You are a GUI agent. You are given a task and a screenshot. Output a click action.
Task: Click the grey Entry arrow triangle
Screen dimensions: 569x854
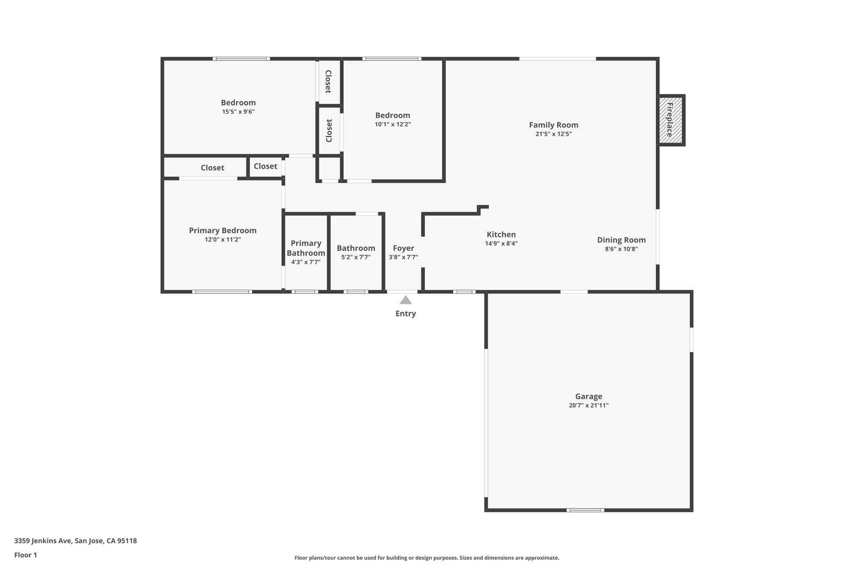406,300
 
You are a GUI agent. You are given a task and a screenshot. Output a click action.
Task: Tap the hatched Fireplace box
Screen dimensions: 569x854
671,120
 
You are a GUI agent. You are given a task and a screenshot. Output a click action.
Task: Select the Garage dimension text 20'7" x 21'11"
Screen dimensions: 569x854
588,406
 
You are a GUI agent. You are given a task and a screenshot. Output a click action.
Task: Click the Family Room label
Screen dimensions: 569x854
553,125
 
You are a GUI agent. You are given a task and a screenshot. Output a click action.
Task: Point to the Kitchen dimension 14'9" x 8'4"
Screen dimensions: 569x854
501,244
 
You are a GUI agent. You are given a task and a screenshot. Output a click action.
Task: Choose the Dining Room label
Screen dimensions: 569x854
621,240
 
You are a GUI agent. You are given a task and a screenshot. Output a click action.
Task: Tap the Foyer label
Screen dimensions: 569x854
403,248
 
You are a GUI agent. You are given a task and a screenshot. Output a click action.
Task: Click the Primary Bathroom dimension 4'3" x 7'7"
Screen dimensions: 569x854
306,262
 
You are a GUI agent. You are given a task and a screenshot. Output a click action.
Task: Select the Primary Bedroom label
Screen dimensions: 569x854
223,231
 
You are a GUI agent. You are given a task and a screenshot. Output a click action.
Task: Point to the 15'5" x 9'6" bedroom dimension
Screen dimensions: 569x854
238,112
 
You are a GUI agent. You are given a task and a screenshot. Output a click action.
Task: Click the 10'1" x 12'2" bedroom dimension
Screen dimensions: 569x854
392,124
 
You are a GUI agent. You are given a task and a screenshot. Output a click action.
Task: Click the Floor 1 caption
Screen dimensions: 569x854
25,555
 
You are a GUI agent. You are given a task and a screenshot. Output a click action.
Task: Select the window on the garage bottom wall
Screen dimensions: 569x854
585,510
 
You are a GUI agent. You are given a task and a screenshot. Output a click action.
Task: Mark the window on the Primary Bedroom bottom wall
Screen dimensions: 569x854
222,292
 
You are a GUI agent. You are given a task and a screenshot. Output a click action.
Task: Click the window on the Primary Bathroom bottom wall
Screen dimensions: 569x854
305,292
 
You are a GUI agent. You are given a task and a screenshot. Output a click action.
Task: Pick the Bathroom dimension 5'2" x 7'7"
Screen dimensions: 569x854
356,258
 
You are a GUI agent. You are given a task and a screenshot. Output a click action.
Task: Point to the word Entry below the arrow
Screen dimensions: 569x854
406,314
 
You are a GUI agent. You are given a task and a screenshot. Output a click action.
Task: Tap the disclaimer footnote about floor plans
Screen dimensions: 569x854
427,558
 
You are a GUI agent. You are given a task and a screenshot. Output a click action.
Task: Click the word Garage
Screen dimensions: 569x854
588,396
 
